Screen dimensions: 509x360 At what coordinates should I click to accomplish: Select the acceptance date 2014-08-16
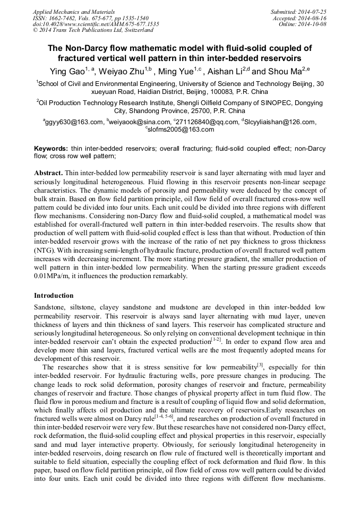point(312,18)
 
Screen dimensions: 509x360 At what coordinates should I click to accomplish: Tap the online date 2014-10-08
point(312,24)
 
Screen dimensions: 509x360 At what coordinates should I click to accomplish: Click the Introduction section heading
point(54,295)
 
